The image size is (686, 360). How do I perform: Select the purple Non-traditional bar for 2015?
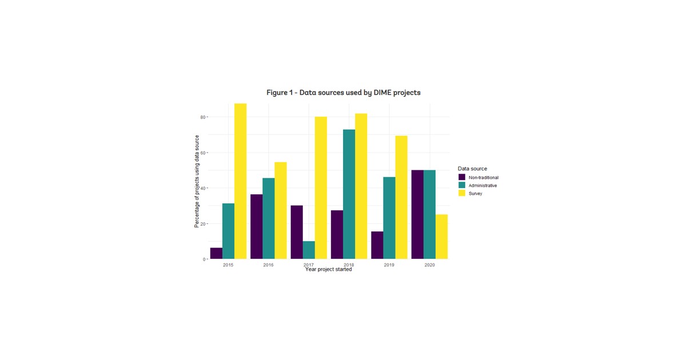click(216, 253)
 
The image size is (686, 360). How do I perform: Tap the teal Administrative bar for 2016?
click(268, 218)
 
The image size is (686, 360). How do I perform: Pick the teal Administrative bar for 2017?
click(309, 250)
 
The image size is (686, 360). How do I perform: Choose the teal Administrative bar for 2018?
click(349, 194)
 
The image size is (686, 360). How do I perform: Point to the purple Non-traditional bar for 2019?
click(377, 245)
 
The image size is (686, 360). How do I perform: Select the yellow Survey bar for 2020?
click(441, 237)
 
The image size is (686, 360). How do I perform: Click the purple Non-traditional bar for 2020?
click(417, 214)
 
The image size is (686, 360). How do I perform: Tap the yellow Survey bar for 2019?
click(401, 197)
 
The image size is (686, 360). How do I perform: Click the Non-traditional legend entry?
click(483, 178)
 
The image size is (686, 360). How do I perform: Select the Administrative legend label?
click(482, 186)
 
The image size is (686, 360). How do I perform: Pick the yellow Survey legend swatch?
click(462, 194)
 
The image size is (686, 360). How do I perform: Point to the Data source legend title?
click(472, 169)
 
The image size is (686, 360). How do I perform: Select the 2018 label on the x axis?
click(349, 265)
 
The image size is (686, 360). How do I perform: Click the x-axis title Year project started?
click(328, 270)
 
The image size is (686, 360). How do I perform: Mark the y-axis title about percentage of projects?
click(197, 181)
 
